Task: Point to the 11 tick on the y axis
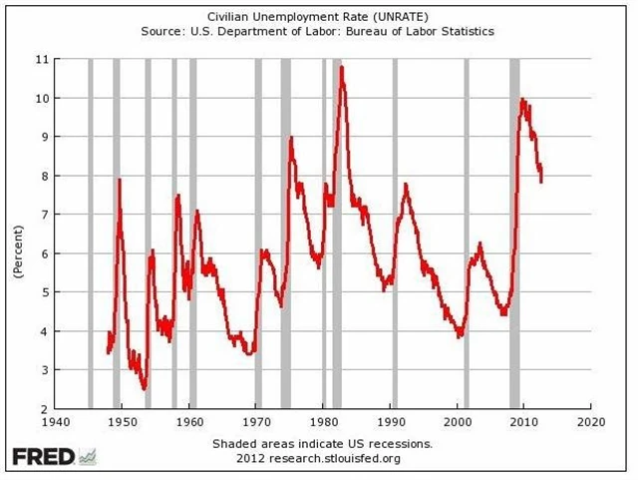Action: pyautogui.click(x=43, y=60)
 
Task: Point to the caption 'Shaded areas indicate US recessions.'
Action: pyautogui.click(x=322, y=443)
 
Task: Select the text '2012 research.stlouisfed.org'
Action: pyautogui.click(x=319, y=458)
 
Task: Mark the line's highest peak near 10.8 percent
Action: pyautogui.click(x=342, y=68)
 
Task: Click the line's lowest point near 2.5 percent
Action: pyautogui.click(x=145, y=388)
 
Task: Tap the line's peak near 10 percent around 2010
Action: pyautogui.click(x=523, y=99)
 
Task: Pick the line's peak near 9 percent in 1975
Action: pyautogui.click(x=291, y=138)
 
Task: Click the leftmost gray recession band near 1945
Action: pyautogui.click(x=90, y=234)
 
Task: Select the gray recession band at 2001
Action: pyautogui.click(x=466, y=234)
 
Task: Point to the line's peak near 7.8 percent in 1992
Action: pyautogui.click(x=405, y=185)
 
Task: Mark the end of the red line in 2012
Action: pyautogui.click(x=541, y=179)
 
